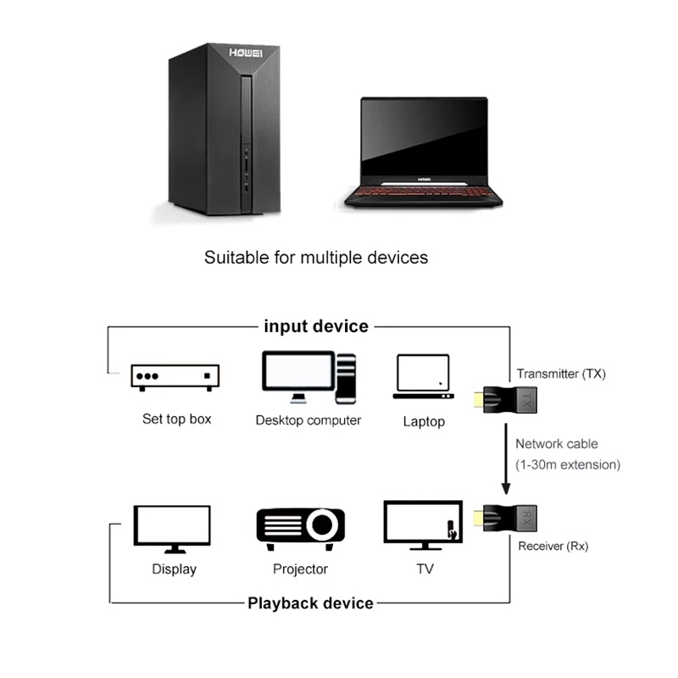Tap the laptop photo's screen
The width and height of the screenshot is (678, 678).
425,136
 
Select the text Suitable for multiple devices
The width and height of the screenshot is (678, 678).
316,257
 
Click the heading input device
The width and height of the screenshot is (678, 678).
316,326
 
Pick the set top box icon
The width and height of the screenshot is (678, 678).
175,377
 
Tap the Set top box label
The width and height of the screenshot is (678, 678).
177,419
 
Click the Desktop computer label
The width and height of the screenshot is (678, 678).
308,420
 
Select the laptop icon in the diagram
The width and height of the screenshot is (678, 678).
423,376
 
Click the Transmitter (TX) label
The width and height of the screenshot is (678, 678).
561,374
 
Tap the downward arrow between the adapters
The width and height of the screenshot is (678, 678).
506,463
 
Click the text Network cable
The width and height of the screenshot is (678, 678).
557,443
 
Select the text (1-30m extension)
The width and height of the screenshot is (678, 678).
568,464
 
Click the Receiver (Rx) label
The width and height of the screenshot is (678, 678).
553,547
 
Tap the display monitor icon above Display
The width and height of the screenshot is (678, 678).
173,528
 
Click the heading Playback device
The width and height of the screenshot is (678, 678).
310,603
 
